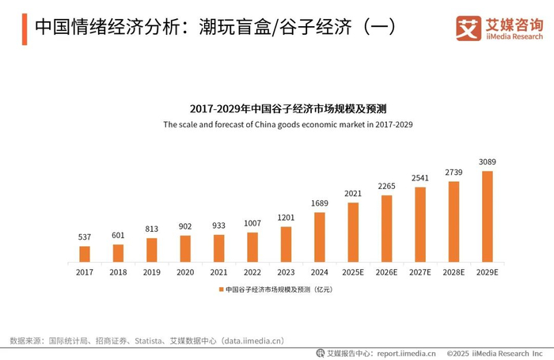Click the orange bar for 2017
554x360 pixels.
[85, 254]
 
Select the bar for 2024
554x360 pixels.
[320, 237]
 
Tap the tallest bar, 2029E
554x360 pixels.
[488, 217]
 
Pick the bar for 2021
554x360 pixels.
[218, 248]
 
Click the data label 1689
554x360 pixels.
[320, 203]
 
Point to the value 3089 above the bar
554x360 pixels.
[488, 162]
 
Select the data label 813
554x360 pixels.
[152, 229]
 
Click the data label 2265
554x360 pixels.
[386, 186]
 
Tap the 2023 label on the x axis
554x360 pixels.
[286, 272]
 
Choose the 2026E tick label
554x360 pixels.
[386, 272]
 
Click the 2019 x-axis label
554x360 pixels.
[152, 272]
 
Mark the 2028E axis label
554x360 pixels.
[453, 272]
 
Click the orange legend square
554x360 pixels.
[221, 290]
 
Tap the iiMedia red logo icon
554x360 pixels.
[469, 28]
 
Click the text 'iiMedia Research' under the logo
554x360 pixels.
[514, 36]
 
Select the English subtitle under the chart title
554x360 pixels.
[288, 124]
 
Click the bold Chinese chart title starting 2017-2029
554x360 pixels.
[288, 109]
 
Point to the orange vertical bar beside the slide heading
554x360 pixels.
[25, 29]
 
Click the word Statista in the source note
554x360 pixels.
[148, 341]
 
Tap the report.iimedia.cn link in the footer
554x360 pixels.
[406, 354]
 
